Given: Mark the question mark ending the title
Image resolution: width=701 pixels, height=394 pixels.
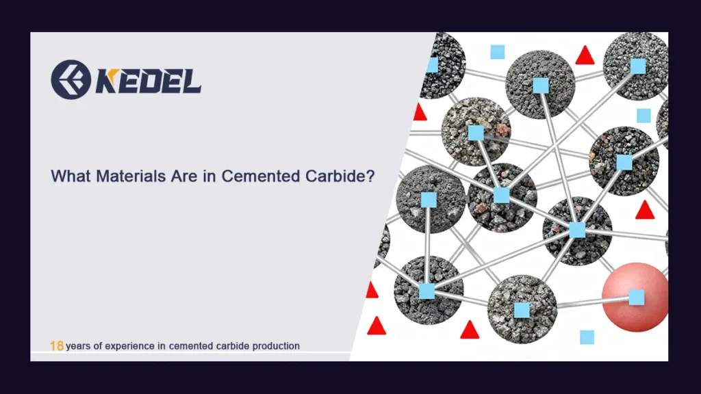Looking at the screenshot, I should click(370, 176).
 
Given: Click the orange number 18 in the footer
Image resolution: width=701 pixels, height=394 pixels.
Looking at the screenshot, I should click(57, 346).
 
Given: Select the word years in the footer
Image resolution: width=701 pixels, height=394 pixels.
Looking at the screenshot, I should click(79, 346).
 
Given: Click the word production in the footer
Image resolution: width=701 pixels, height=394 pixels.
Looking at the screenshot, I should click(277, 346).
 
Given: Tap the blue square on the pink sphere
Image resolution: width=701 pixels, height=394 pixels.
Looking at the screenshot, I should click(637, 297).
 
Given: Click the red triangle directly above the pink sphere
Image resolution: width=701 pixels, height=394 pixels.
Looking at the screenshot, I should click(644, 210).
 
